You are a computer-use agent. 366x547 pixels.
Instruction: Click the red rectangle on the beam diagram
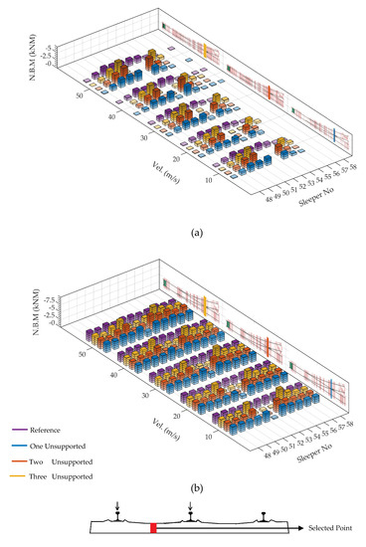[152, 528]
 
